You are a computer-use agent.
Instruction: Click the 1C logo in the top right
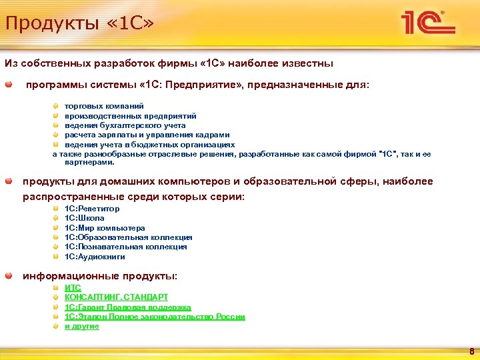427,24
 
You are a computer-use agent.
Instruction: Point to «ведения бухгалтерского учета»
125,125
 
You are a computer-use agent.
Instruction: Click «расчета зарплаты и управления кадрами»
147,135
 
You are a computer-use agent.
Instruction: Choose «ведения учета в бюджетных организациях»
149,144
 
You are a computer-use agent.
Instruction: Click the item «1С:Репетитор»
92,209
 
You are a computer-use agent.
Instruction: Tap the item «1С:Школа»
84,218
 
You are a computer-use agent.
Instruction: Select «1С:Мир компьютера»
104,228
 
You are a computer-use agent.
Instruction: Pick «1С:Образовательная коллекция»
128,237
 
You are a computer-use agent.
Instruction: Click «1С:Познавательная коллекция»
125,247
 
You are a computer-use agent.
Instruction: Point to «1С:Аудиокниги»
95,257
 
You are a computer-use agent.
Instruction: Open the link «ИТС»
73,288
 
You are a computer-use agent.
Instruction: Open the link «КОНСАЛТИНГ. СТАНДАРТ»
116,297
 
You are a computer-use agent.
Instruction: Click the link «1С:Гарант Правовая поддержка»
127,307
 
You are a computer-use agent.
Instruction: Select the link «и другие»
81,327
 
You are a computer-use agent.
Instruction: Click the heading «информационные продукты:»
100,275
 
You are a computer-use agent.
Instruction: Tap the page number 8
471,351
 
